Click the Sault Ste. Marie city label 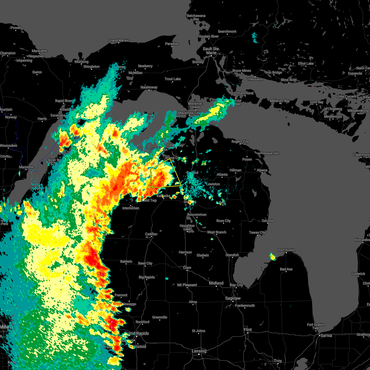(211, 51)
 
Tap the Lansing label (199, 351)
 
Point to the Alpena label (262, 170)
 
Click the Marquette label (39, 51)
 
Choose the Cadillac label (151, 234)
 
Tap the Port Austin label (286, 250)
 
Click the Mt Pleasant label (187, 285)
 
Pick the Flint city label (248, 330)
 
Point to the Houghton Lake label (187, 228)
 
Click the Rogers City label (240, 142)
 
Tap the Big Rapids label (147, 277)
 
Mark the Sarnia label (326, 335)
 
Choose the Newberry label (145, 66)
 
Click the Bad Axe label (286, 269)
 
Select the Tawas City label (257, 232)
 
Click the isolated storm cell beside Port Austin (273, 256)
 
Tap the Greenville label (160, 317)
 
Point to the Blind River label (289, 80)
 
